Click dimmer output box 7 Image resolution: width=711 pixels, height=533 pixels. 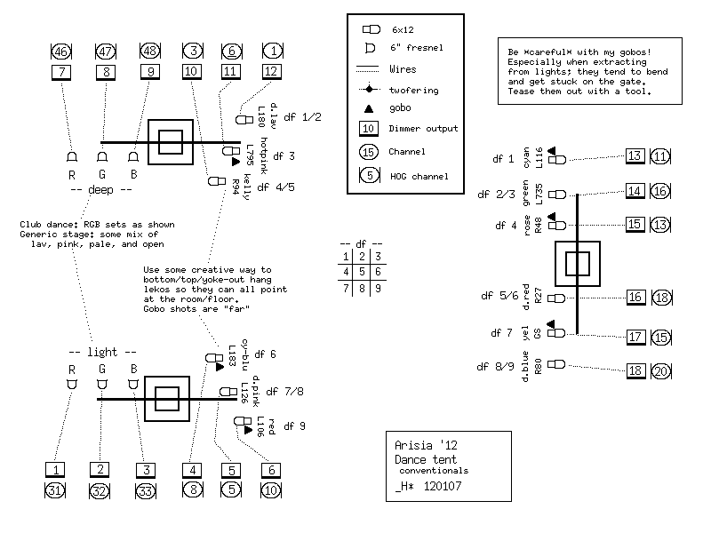point(60,71)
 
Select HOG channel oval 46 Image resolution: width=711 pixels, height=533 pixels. point(60,51)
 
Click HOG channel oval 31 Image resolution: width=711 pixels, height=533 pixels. point(56,489)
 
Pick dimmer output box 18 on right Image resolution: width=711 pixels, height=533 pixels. point(635,371)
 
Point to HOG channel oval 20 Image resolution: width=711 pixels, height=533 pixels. point(659,371)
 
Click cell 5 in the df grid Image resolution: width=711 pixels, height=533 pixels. point(361,272)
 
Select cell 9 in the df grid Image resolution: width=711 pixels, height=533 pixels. point(378,288)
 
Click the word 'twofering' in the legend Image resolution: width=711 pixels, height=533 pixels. point(413,89)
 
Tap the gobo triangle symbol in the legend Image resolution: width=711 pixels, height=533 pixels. point(369,108)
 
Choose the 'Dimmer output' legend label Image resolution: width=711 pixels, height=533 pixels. point(423,129)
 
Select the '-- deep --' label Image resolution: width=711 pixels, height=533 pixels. point(100,189)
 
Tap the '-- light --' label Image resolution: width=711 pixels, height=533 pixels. point(100,353)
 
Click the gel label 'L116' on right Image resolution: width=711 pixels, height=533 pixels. point(539,157)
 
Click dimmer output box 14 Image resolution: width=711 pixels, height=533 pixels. point(635,191)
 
